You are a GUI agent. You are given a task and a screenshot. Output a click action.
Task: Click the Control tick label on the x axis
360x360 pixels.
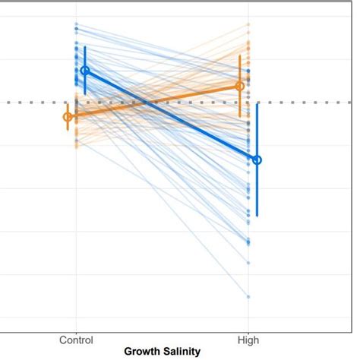click(x=76, y=340)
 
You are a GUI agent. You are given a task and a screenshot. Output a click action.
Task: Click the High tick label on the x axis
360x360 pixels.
click(x=248, y=340)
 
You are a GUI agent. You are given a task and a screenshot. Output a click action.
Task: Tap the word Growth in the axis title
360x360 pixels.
click(x=142, y=352)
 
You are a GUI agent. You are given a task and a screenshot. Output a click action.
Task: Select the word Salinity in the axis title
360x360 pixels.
click(x=182, y=352)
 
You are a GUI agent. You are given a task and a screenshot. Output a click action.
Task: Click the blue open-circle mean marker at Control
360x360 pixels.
click(x=85, y=71)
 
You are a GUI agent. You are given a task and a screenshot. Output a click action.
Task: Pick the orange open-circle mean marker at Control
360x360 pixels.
click(x=68, y=116)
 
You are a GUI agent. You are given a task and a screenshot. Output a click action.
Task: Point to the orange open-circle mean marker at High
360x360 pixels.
click(x=240, y=86)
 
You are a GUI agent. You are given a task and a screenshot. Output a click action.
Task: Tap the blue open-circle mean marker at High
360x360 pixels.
click(x=257, y=159)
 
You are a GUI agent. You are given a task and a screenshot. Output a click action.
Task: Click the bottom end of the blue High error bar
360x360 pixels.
click(x=257, y=216)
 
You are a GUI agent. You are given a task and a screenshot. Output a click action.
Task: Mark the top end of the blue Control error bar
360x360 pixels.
click(x=85, y=46)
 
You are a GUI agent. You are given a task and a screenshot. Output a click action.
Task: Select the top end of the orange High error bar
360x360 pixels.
click(x=240, y=55)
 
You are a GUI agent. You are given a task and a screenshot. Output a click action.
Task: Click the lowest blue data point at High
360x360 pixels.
click(x=248, y=296)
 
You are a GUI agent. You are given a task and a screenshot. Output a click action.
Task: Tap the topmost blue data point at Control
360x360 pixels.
click(x=76, y=24)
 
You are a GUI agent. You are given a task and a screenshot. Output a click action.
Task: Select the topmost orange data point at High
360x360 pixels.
click(x=248, y=24)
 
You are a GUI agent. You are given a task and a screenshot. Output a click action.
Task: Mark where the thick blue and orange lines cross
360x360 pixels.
click(x=142, y=103)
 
